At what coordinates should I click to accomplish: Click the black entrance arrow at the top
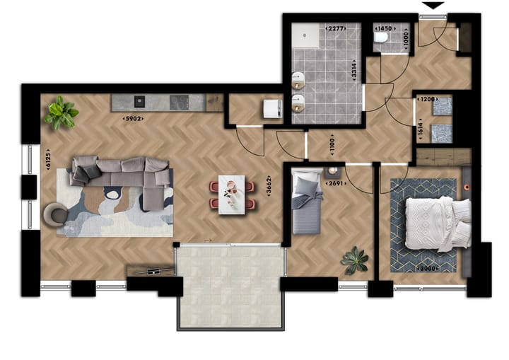[x=433, y=6]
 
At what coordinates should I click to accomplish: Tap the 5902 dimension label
[x=133, y=118]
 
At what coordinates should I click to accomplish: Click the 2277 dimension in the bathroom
[x=335, y=28]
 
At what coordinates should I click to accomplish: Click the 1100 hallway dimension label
[x=332, y=146]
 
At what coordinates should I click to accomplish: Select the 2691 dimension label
[x=335, y=184]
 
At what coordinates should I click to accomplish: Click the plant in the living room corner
[x=61, y=113]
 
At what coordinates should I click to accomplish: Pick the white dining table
[x=232, y=194]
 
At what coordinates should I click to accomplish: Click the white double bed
[x=437, y=222]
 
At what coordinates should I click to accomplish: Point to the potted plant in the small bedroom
[x=355, y=260]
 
